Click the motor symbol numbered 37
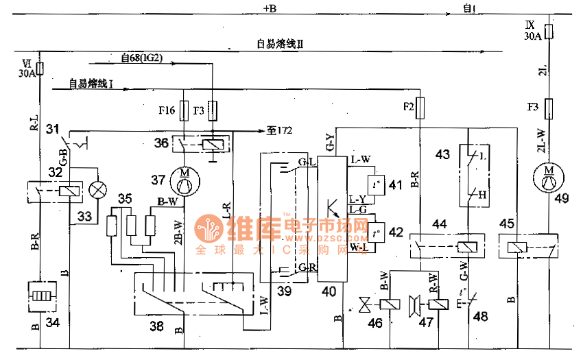point(184,181)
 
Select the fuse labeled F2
point(420,106)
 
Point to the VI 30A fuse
point(39,69)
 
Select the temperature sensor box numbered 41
point(377,184)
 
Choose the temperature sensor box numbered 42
point(377,231)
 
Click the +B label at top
point(270,9)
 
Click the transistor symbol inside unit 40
point(333,205)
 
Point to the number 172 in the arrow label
point(283,130)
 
